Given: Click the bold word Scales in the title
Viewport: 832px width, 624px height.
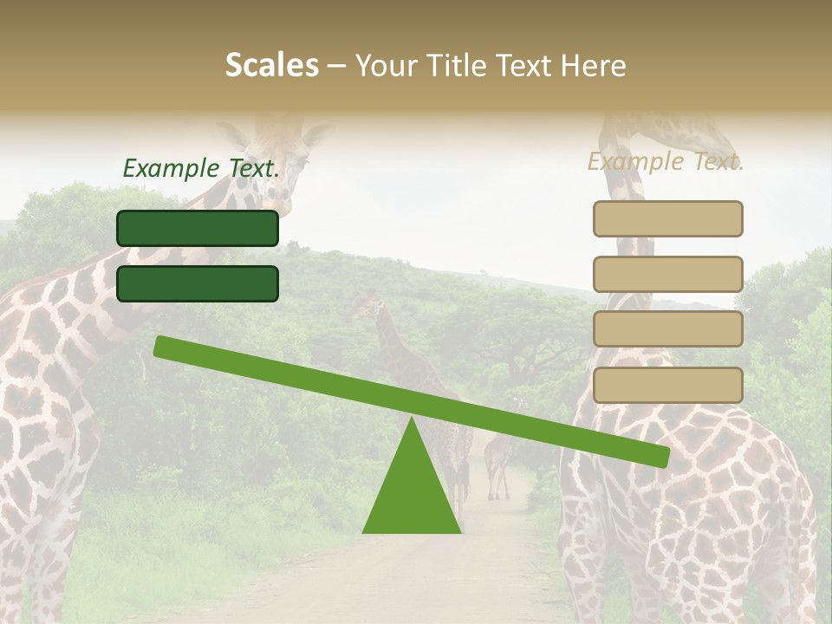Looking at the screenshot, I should pos(272,65).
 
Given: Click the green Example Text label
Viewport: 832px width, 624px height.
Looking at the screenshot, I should pos(201,168).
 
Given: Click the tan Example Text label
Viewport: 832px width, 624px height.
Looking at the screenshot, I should pos(666,161).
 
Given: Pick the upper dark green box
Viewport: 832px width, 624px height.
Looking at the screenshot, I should pos(198,228).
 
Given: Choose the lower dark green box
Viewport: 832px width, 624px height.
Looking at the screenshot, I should pos(198,283).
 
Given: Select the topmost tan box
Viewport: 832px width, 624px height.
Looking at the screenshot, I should pos(667,218).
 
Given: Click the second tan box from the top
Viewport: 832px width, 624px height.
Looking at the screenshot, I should pos(667,274).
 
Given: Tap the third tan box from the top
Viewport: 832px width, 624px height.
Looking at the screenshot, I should pos(667,329).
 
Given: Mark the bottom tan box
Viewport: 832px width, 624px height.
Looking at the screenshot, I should pos(667,385).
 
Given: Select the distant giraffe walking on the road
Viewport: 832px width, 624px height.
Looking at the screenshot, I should pos(498,459).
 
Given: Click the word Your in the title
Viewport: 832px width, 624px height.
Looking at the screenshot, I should pos(385,65).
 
